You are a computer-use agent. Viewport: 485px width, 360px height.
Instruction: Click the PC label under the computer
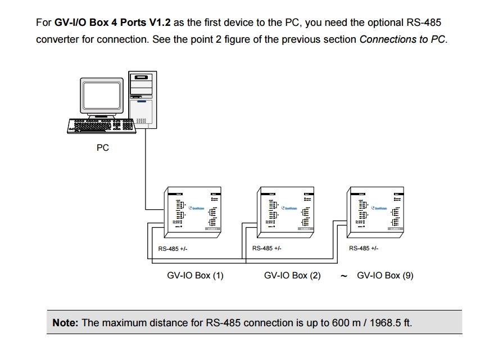103,148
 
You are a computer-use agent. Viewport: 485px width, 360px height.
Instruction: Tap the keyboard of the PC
101,125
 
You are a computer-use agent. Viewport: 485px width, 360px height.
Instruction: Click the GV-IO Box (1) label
195,276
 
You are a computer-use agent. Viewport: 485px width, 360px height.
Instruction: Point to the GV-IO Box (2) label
292,276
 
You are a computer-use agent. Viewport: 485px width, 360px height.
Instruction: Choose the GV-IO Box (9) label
385,276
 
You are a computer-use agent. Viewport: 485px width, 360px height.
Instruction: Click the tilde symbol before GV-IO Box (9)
343,276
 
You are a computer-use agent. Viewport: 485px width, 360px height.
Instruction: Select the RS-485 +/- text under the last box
364,248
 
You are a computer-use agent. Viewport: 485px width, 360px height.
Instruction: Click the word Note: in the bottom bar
66,323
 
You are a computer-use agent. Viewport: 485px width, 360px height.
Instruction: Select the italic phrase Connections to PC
402,39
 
